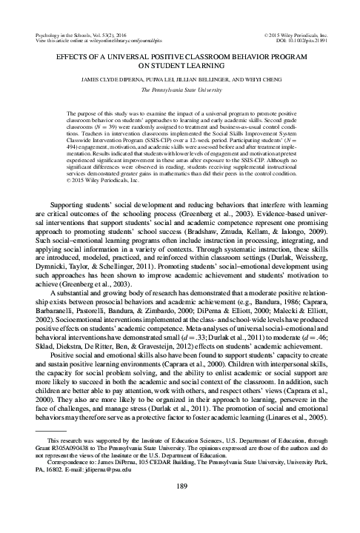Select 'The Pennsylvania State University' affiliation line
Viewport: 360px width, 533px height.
pyautogui.click(x=179, y=88)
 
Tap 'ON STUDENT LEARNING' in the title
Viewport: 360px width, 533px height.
pyautogui.click(x=179, y=64)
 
